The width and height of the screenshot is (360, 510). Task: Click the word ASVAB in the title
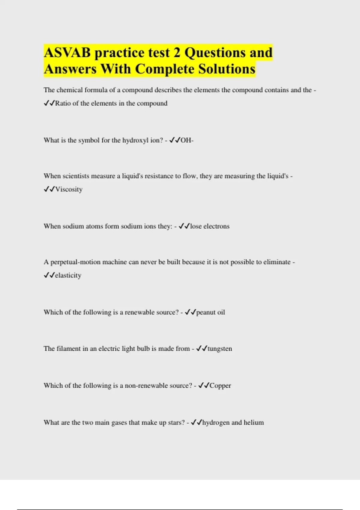[x=67, y=53]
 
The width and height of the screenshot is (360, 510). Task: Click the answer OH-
[x=187, y=140]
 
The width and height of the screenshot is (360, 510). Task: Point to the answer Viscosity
[x=69, y=189]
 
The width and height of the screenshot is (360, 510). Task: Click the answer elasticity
[x=68, y=275]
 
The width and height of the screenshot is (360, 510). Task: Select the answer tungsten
[x=220, y=349]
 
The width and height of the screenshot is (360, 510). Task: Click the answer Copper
[x=220, y=385]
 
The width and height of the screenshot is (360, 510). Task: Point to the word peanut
[x=206, y=312]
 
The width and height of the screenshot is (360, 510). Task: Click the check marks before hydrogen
[x=196, y=422]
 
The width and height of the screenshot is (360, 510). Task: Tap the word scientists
[x=76, y=176]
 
